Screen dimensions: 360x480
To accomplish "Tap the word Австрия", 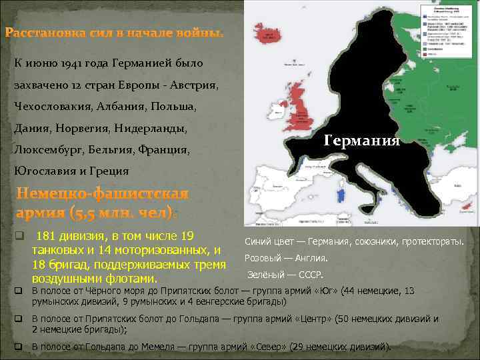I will tap(193, 85).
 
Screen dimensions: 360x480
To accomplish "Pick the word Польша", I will tap(174, 107).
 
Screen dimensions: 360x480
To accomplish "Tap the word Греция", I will tap(109, 171).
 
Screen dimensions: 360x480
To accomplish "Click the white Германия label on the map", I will tap(362, 141).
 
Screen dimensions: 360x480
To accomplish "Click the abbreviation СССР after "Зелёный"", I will tap(311, 275).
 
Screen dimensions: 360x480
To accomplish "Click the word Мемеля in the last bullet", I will tap(154, 347).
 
